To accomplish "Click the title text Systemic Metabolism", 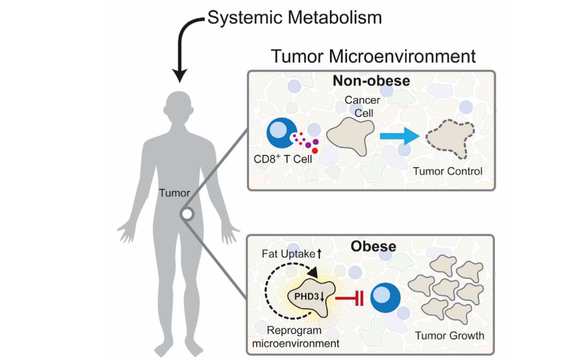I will pos(294,18).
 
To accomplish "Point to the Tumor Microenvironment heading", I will pos(373,56).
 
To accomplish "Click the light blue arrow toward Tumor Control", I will pos(399,136).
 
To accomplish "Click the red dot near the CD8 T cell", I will pos(315,151).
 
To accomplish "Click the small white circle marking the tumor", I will pos(186,214).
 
